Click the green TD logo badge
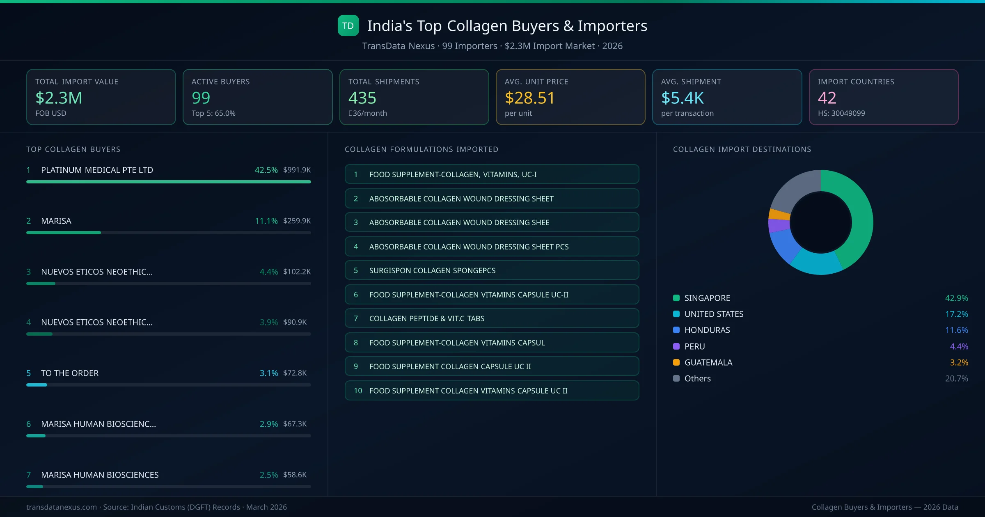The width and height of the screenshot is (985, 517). coord(348,25)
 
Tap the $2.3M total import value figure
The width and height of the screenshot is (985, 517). coord(59,98)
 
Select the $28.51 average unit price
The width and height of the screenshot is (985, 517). coord(529,98)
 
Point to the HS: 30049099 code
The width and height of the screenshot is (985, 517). coord(841,113)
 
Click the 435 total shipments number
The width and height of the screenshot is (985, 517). coord(362,98)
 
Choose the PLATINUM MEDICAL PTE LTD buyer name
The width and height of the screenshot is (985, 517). coord(97,170)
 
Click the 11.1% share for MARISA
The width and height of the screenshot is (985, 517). coord(266,221)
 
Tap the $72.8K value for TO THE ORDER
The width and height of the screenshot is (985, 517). coord(295,373)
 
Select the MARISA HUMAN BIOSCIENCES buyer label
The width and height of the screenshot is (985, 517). coord(100,475)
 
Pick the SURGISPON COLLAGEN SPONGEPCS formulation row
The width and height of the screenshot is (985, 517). coord(491,270)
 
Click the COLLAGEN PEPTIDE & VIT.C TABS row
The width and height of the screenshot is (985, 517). coord(491,318)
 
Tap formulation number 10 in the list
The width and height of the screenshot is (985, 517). coord(358,391)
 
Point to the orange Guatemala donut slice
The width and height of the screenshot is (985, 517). coord(779,214)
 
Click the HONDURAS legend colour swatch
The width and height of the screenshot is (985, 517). coord(676,330)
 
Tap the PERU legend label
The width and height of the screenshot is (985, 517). coord(694,346)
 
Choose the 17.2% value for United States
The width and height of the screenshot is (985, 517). coord(956,314)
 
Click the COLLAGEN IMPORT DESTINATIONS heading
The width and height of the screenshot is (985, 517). coord(742,149)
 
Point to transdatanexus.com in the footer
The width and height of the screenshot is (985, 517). coord(62,507)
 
